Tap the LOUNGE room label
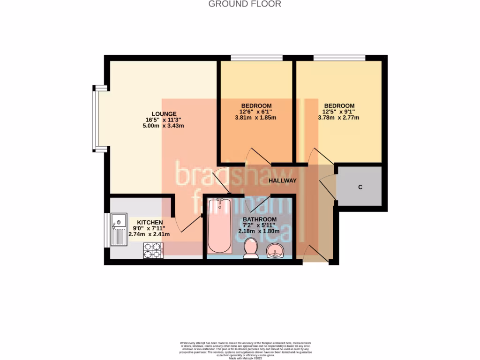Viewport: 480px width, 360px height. click(x=164, y=113)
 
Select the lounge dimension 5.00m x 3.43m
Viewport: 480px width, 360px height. click(x=164, y=126)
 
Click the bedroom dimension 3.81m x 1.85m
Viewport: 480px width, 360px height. click(x=255, y=118)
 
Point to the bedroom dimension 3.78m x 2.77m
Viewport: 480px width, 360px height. click(x=338, y=118)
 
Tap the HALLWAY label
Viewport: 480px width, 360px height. click(x=283, y=180)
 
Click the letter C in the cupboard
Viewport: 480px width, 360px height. click(x=360, y=187)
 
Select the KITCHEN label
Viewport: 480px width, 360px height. click(x=150, y=222)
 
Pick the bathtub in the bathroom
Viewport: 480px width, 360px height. click(x=219, y=226)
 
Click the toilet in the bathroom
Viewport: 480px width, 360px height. click(x=251, y=248)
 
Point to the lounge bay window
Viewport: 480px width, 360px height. click(x=96, y=119)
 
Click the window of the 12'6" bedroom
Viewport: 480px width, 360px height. click(x=256, y=58)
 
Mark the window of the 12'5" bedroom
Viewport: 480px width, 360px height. click(x=339, y=58)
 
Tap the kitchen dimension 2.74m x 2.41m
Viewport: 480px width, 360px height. click(x=150, y=234)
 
